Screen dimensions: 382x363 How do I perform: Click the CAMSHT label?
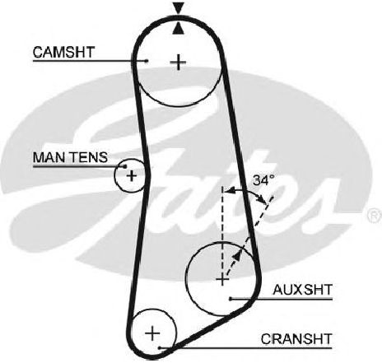click(63, 52)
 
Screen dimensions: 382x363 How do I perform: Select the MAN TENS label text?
click(70, 157)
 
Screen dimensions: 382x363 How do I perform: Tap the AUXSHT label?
click(303, 290)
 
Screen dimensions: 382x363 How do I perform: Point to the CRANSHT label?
click(296, 339)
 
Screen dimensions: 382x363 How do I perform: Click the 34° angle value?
click(263, 180)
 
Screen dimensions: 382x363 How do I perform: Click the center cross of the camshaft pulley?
click(178, 63)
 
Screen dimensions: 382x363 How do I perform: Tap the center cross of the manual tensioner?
click(132, 175)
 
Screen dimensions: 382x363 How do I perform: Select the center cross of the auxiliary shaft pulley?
click(222, 280)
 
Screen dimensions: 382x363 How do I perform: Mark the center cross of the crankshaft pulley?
click(152, 333)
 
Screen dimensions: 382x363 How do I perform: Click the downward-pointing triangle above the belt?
click(178, 7)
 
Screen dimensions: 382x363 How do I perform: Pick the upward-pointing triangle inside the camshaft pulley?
click(178, 29)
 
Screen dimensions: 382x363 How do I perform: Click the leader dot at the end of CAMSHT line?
click(147, 61)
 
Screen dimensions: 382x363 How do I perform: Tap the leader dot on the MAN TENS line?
click(125, 166)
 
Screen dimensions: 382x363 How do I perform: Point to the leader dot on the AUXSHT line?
click(231, 299)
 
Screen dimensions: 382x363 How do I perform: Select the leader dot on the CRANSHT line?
click(160, 348)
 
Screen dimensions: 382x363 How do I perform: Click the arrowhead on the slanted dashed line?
click(236, 255)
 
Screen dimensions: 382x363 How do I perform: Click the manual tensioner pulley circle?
click(114, 175)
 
